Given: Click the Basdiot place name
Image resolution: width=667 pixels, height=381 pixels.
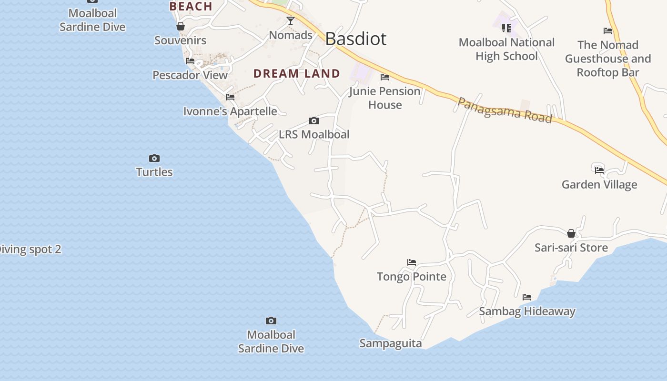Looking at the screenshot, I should (355, 39).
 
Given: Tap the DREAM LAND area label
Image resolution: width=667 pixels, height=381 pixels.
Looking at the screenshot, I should (296, 73).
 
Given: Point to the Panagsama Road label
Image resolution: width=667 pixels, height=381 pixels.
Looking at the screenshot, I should (505, 110).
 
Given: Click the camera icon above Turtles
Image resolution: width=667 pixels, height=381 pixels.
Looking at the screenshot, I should (154, 158).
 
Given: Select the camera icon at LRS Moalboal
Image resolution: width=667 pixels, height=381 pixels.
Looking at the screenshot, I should (313, 120).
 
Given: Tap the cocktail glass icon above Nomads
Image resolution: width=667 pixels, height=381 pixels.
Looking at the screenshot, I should (290, 20).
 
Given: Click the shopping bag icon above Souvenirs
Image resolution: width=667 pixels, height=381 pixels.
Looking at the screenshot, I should (181, 26).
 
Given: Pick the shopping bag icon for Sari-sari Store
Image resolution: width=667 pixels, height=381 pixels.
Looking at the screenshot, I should (571, 233).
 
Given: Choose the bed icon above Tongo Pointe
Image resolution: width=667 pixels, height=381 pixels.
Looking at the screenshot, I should (412, 262).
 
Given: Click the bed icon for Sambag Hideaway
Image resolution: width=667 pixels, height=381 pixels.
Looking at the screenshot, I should (526, 297).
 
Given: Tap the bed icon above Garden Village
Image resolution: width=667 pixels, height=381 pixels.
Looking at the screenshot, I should (599, 170).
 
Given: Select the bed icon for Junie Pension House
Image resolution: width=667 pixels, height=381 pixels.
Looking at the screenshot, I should (385, 77).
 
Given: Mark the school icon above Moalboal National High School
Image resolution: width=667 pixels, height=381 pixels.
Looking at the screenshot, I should (506, 28).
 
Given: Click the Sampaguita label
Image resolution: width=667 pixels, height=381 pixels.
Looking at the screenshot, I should (391, 343).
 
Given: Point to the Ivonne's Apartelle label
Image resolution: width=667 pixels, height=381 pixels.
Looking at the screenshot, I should (230, 111).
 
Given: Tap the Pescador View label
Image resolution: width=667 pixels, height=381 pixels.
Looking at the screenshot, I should (190, 75).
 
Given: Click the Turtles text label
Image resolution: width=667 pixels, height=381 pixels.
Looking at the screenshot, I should (154, 172).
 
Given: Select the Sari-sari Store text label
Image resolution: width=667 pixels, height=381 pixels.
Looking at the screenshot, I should (571, 248).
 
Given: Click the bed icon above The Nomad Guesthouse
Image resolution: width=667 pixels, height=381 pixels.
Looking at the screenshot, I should (607, 31).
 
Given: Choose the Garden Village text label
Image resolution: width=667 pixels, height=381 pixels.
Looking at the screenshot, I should (599, 184).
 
